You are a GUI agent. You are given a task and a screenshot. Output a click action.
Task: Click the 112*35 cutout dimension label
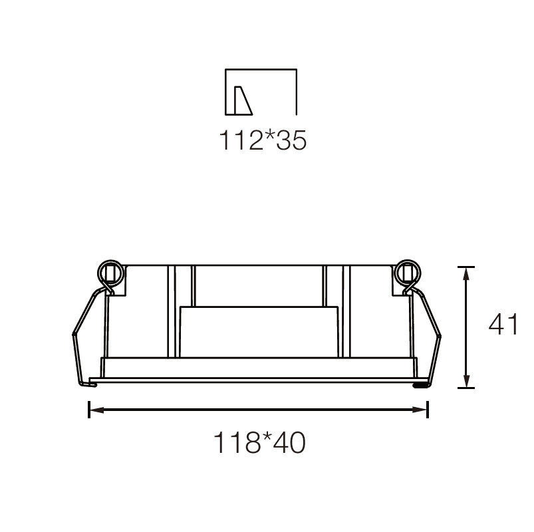tap(263, 140)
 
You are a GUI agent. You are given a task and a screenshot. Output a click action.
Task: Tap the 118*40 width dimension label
tap(259, 442)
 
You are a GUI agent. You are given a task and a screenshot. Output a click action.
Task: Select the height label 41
tap(503, 324)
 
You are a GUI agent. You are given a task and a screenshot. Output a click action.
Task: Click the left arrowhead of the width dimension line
tap(97, 410)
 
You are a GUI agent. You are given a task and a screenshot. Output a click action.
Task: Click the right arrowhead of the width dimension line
tap(420, 410)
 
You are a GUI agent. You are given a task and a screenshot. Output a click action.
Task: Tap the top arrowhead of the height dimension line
tap(467, 274)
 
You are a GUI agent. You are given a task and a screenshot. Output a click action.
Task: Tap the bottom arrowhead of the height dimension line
tap(467, 380)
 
